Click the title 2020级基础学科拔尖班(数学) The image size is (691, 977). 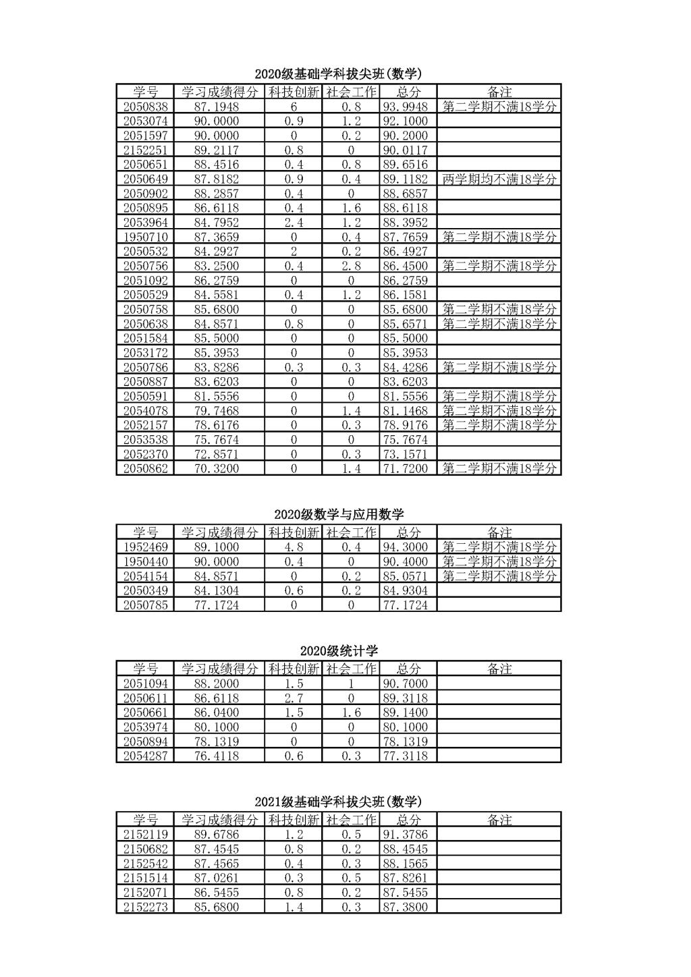pyautogui.click(x=338, y=74)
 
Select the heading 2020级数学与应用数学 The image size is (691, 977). pyautogui.click(x=339, y=515)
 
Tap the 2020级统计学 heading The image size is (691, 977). pyautogui.click(x=339, y=651)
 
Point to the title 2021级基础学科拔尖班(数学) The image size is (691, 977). pyautogui.click(x=338, y=802)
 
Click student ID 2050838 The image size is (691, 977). pyautogui.click(x=145, y=107)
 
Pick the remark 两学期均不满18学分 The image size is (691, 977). pyautogui.click(x=499, y=179)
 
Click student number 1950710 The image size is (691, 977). pyautogui.click(x=145, y=237)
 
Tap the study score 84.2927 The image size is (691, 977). pyautogui.click(x=217, y=252)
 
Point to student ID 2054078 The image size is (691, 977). pyautogui.click(x=145, y=411)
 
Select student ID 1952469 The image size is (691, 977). pyautogui.click(x=145, y=547)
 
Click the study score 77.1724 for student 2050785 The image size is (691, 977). pyautogui.click(x=217, y=605)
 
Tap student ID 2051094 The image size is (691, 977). pyautogui.click(x=145, y=683)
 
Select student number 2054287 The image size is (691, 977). pyautogui.click(x=145, y=756)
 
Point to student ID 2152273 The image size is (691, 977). pyautogui.click(x=145, y=907)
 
